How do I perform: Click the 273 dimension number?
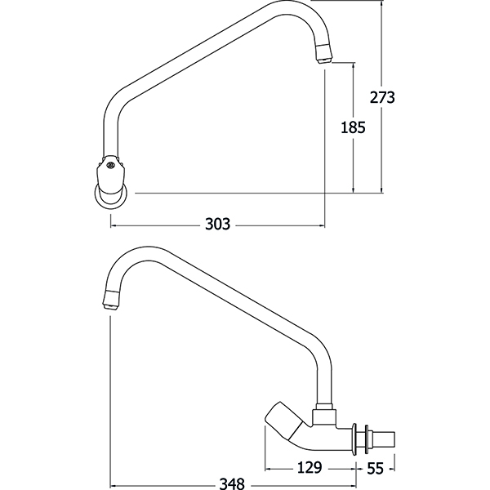pos(382,97)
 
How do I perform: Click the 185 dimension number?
pos(353,127)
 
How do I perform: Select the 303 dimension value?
pos(217,224)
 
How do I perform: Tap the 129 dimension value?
pos(310,467)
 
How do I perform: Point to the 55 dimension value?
pos(375,468)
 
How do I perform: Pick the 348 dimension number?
pos(232,484)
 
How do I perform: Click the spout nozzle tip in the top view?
pos(324,54)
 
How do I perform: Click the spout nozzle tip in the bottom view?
pos(111,301)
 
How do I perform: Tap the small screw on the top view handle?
pos(109,164)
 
